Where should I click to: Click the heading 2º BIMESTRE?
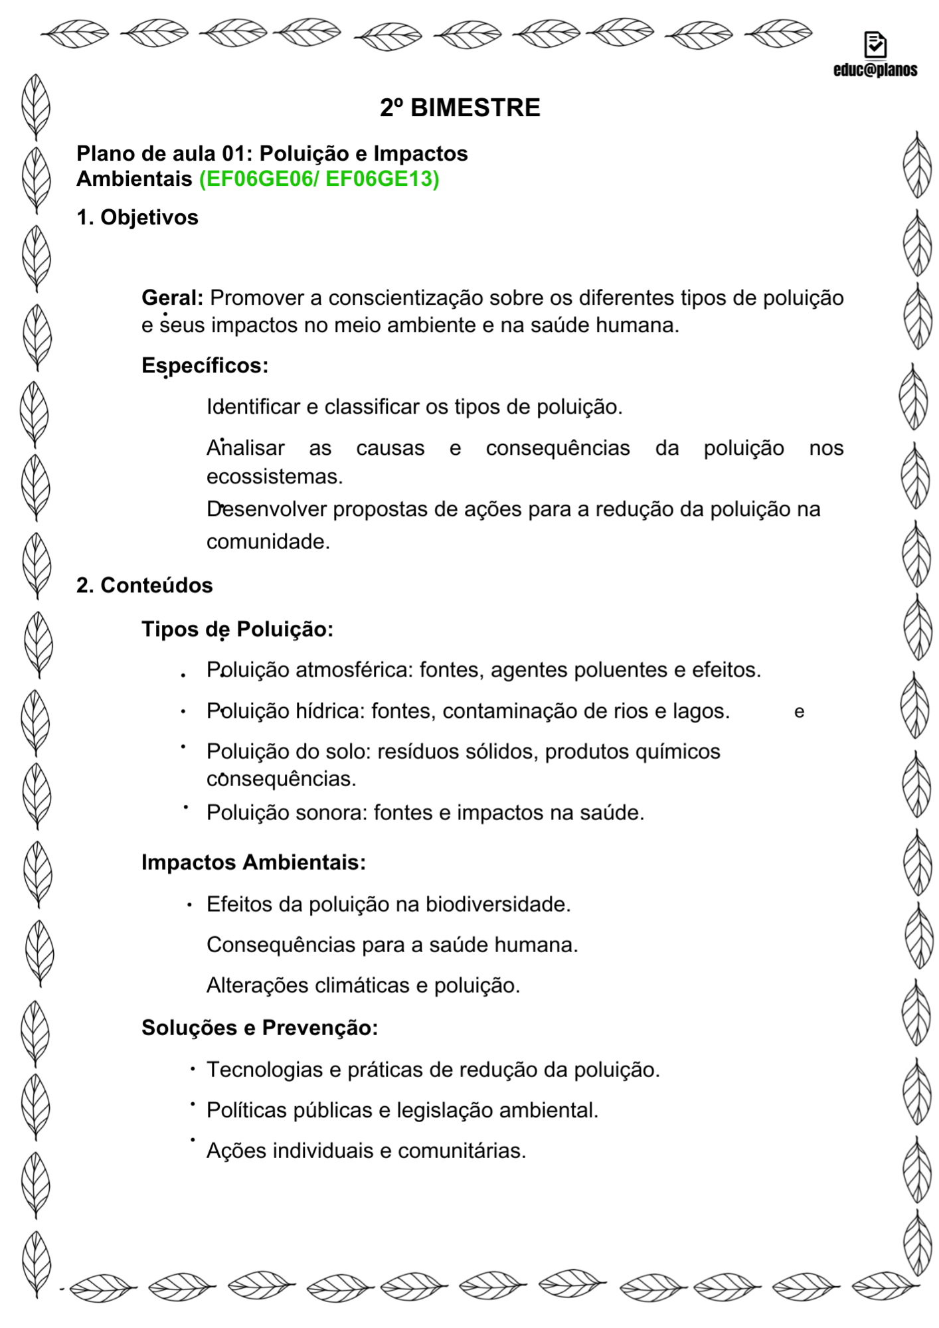pyautogui.click(x=460, y=108)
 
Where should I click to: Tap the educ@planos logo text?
pyautogui.click(x=875, y=70)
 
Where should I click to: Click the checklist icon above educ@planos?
pyautogui.click(x=875, y=44)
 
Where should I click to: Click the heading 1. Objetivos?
pyautogui.click(x=137, y=217)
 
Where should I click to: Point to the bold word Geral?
pyautogui.click(x=172, y=298)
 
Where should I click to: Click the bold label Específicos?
pyautogui.click(x=205, y=365)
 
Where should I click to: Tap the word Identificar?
pyautogui.click(x=253, y=406)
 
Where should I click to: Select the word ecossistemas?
pyautogui.click(x=274, y=476)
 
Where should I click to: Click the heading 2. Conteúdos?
pyautogui.click(x=144, y=585)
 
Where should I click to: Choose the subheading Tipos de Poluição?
pyautogui.click(x=237, y=629)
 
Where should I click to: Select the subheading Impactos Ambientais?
pyautogui.click(x=253, y=862)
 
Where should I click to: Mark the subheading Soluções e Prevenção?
pyautogui.click(x=260, y=1027)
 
